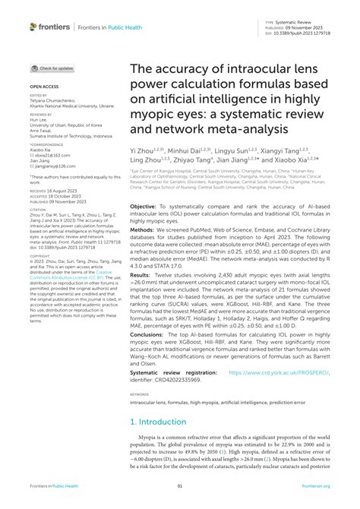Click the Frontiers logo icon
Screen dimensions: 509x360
click(x=34, y=27)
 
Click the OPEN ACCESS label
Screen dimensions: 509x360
click(x=42, y=87)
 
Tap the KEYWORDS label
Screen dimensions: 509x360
click(x=139, y=415)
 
